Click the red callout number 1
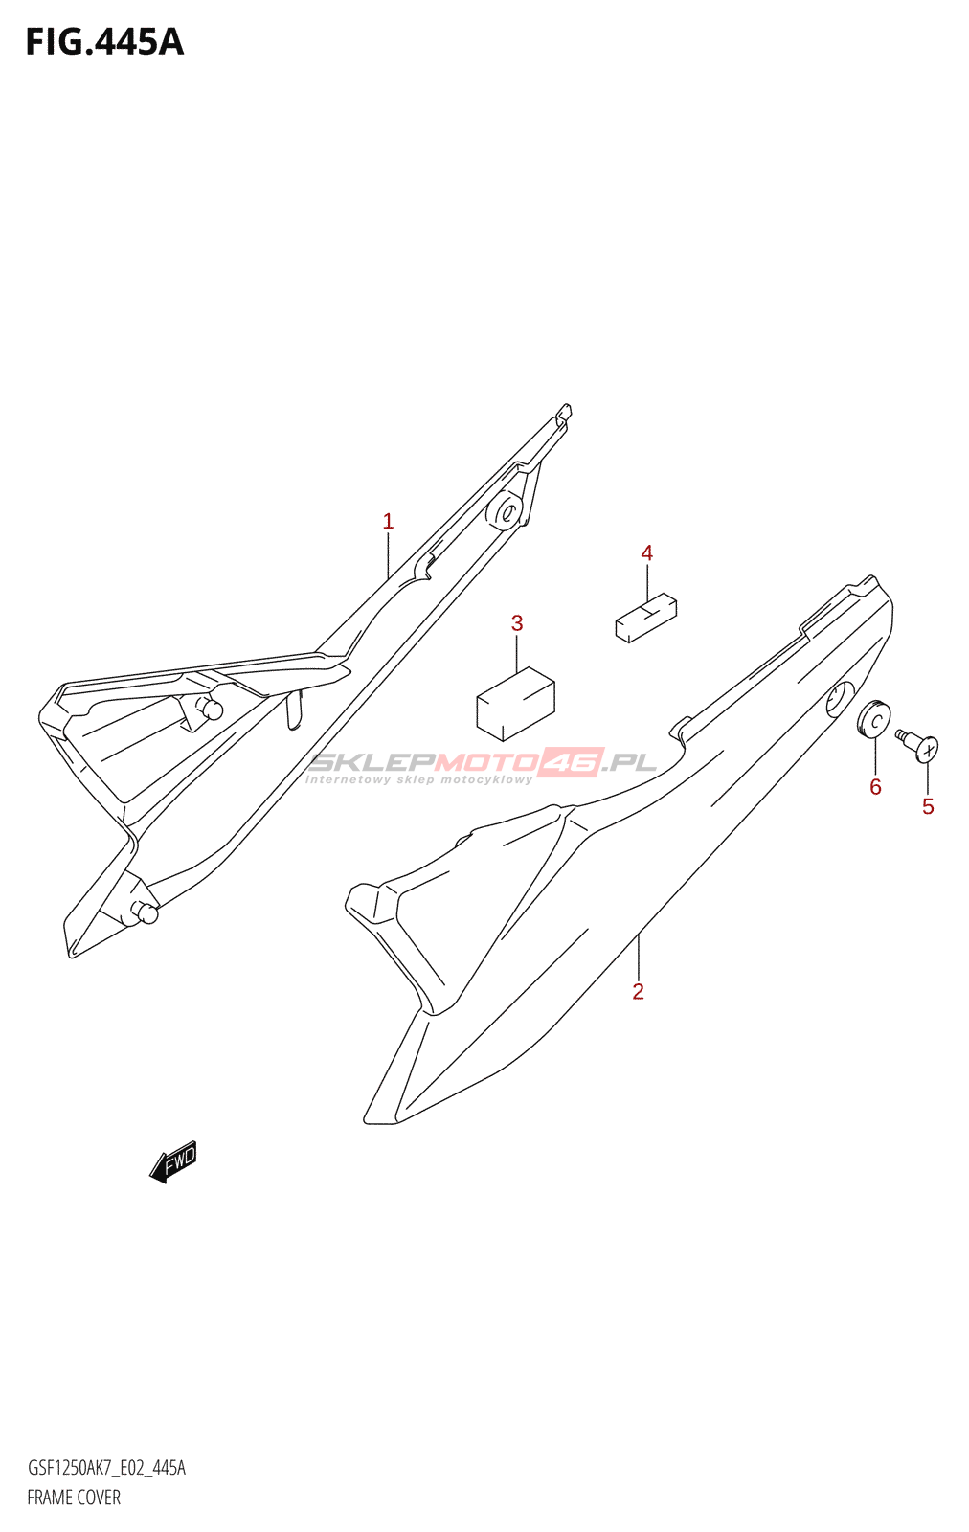(389, 522)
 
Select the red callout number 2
(638, 991)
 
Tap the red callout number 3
(517, 623)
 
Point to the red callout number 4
(647, 552)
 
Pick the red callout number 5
(928, 806)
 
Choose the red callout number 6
(875, 787)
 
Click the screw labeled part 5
(917, 746)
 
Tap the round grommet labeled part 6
(874, 719)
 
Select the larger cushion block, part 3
(515, 705)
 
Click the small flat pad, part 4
(646, 618)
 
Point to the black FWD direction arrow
(173, 1161)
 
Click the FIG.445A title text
(105, 42)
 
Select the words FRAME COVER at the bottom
(74, 1498)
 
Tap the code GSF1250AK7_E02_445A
(106, 1467)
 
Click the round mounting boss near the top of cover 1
(505, 511)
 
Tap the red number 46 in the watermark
(571, 762)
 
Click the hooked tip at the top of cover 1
(563, 413)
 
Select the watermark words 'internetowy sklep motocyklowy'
(418, 779)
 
